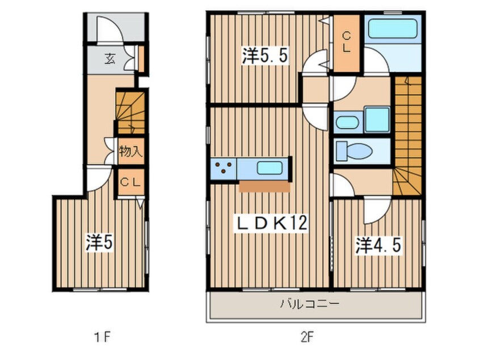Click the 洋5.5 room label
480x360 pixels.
[x=259, y=56]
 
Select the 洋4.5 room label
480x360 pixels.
[x=379, y=245]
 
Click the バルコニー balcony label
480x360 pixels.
[x=309, y=304]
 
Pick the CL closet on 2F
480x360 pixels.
[x=346, y=41]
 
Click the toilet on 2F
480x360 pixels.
[x=353, y=152]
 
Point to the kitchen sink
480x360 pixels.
[x=271, y=168]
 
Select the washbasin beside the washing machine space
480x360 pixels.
[x=346, y=122]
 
